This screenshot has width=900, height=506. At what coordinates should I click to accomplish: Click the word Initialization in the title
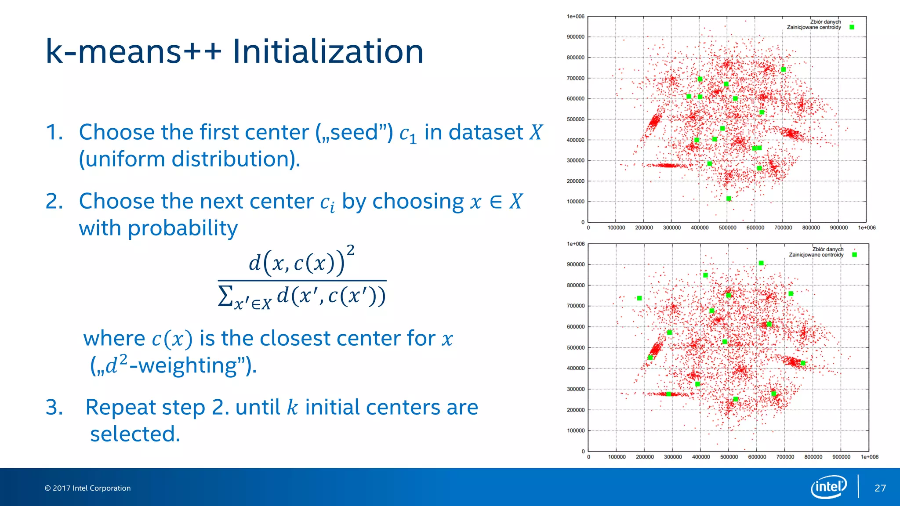pos(327,52)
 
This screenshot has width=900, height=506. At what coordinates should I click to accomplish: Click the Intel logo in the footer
pos(828,487)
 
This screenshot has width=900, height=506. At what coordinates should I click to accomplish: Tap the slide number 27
pos(880,488)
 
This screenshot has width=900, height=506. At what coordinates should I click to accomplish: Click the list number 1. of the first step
pos(54,132)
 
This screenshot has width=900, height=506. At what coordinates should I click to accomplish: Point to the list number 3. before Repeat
pos(54,407)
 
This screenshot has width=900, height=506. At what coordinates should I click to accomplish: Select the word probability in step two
pos(182,228)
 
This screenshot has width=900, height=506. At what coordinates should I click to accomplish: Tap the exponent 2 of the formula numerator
pos(350,250)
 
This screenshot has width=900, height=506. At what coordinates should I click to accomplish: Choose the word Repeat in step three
pos(145,407)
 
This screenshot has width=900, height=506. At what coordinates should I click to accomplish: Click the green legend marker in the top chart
pos(852,27)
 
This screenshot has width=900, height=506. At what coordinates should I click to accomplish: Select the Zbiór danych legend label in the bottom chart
pos(827,249)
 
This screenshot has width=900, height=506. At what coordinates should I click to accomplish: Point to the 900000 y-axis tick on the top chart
pos(575,37)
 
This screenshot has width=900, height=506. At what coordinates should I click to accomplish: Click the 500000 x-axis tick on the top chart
pos(727,228)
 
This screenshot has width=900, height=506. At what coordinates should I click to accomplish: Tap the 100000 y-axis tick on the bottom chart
pos(576,430)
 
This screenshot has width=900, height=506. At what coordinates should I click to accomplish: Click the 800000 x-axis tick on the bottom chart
pos(813,457)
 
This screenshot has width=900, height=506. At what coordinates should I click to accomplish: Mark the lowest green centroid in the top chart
pos(729,199)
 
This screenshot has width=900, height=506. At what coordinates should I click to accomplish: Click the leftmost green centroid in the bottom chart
pos(639,298)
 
